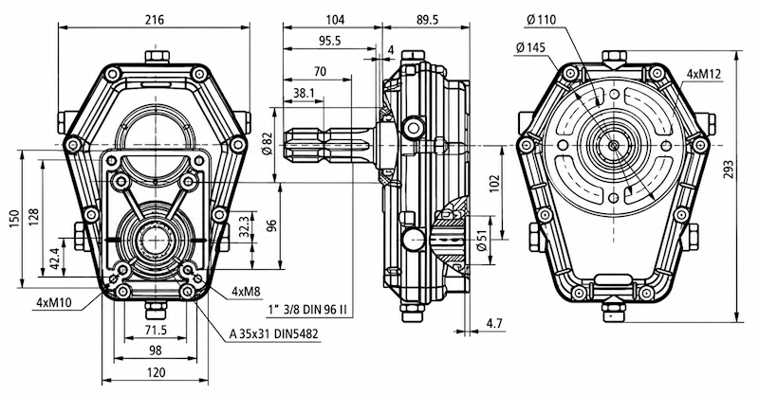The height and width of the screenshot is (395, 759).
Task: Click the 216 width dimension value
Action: pos(155,20)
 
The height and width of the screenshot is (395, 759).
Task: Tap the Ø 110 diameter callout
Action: pos(540,20)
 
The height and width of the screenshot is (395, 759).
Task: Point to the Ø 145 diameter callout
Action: pos(530,47)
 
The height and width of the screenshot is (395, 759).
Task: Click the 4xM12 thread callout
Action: pos(704,74)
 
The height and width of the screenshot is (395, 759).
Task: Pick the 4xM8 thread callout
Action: pos(246,291)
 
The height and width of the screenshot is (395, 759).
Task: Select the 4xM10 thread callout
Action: pos(54,303)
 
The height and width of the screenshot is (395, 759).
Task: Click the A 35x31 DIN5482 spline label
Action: pos(274,333)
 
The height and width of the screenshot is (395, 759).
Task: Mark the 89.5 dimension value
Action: pos(426,20)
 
